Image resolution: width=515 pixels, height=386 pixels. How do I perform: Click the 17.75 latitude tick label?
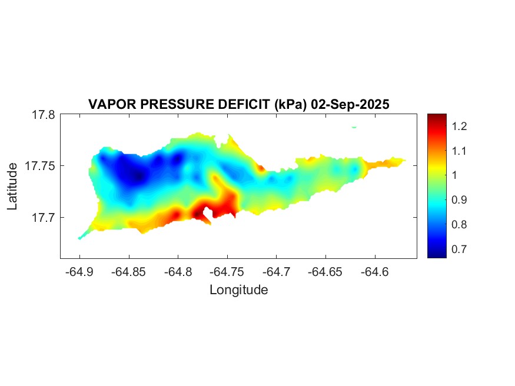pyautogui.click(x=40, y=166)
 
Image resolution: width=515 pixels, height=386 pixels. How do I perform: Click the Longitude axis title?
pyautogui.click(x=238, y=290)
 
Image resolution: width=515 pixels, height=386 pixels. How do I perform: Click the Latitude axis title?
pyautogui.click(x=13, y=187)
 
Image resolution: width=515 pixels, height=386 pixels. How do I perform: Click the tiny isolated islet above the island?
pyautogui.click(x=354, y=127)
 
